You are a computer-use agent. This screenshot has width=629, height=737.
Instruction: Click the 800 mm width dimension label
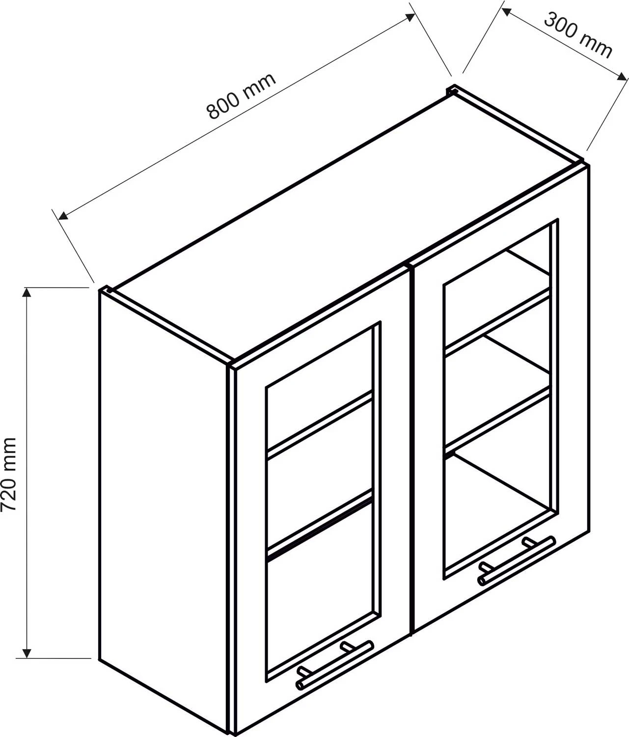tap(241, 96)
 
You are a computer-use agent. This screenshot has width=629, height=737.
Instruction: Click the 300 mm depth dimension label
tap(578, 35)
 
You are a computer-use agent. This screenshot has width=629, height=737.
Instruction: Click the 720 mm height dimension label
tap(8, 474)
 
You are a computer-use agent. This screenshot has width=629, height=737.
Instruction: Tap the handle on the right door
tap(517, 561)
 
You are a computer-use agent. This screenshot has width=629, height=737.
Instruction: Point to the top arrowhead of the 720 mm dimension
tap(27, 292)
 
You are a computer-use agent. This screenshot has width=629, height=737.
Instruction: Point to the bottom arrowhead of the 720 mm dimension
tap(27, 653)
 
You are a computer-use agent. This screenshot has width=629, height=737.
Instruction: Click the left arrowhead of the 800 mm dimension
tap(63, 215)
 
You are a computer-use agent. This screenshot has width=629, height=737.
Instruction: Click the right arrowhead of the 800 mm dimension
tap(410, 17)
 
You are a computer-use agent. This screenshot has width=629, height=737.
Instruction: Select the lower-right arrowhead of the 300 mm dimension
tap(622, 77)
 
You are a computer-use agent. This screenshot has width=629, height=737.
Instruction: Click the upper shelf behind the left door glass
tap(320, 425)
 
